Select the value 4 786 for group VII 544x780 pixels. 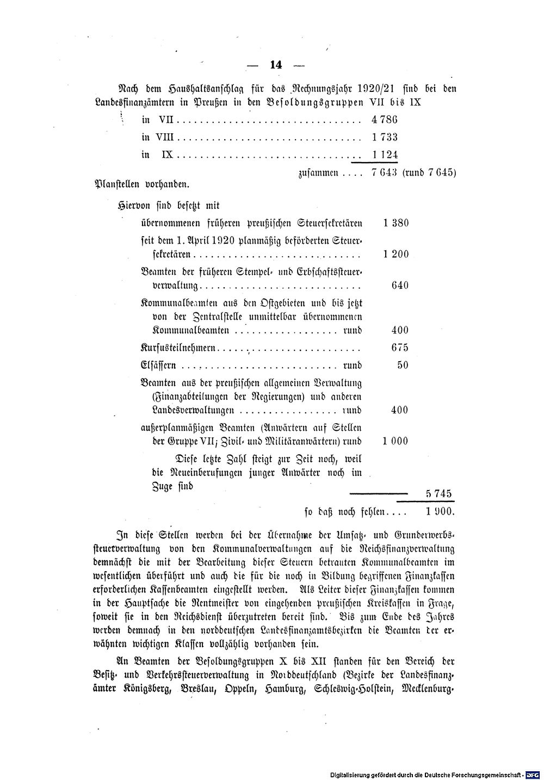[x=385, y=119]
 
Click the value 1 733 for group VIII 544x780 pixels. [x=385, y=137]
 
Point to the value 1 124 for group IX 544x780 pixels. [x=385, y=155]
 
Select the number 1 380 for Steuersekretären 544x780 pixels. [x=395, y=223]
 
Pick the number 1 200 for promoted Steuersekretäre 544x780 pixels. [x=395, y=254]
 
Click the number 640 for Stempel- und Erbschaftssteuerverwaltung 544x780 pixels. [x=400, y=286]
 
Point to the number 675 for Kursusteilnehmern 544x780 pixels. [x=400, y=348]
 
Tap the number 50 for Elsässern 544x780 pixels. [x=403, y=365]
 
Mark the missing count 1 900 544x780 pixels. [x=438, y=512]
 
